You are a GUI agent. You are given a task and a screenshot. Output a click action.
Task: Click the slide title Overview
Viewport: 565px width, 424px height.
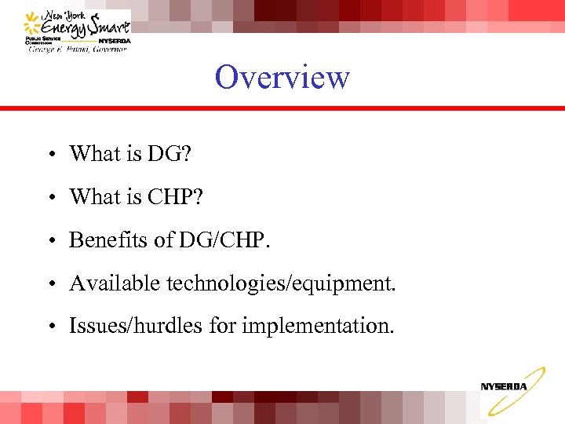tap(282, 78)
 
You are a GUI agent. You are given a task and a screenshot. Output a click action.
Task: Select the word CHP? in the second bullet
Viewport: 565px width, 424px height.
tap(174, 197)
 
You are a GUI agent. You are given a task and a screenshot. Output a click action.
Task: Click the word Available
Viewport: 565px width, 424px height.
tap(115, 283)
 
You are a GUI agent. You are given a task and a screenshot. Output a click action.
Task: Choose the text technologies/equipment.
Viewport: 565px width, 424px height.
tap(281, 283)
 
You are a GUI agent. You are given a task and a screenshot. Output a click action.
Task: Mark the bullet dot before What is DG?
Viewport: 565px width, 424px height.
tap(49, 155)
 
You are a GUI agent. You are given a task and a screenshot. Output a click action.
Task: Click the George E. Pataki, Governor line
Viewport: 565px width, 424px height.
tap(77, 49)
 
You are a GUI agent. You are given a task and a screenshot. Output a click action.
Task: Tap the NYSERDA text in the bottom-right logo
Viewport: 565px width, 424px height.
tap(504, 386)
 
